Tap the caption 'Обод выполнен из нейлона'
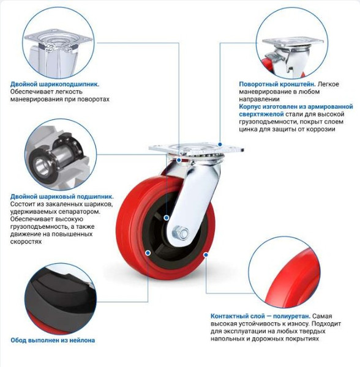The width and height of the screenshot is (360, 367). pyautogui.click(x=53, y=339)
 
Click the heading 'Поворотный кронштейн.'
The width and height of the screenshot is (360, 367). pyautogui.click(x=277, y=83)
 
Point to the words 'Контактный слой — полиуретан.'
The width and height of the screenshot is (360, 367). pyautogui.click(x=257, y=316)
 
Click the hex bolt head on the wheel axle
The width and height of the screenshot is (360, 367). pyautogui.click(x=181, y=232)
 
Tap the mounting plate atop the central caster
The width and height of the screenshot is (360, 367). pyautogui.click(x=178, y=149)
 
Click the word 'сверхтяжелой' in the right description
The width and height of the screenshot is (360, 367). pyautogui.click(x=261, y=113)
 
